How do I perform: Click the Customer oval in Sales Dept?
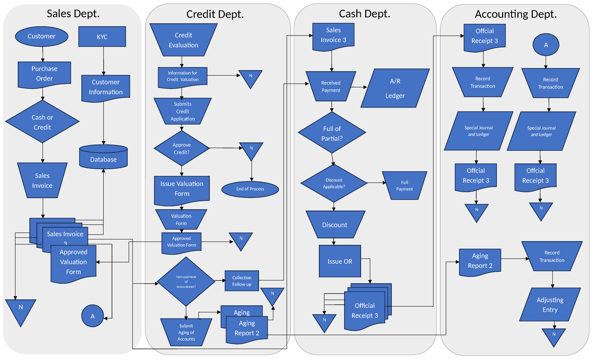click(42, 36)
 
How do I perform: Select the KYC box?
click(103, 37)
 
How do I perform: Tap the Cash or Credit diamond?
click(42, 122)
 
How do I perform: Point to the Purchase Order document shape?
click(44, 74)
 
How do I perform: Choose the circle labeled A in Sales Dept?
click(92, 316)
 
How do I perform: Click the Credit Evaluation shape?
click(183, 40)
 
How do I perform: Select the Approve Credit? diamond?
click(181, 148)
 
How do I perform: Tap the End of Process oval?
click(250, 189)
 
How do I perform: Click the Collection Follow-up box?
click(242, 281)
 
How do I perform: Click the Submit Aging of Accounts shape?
click(186, 332)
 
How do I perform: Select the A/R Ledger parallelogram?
click(394, 88)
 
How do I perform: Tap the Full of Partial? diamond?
click(332, 133)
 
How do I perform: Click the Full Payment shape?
click(404, 185)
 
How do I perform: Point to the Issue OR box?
click(340, 261)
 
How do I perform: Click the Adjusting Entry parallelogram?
click(550, 305)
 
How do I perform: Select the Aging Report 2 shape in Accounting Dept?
click(479, 261)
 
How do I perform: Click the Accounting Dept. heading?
click(515, 14)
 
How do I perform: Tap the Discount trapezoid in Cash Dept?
click(335, 225)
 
